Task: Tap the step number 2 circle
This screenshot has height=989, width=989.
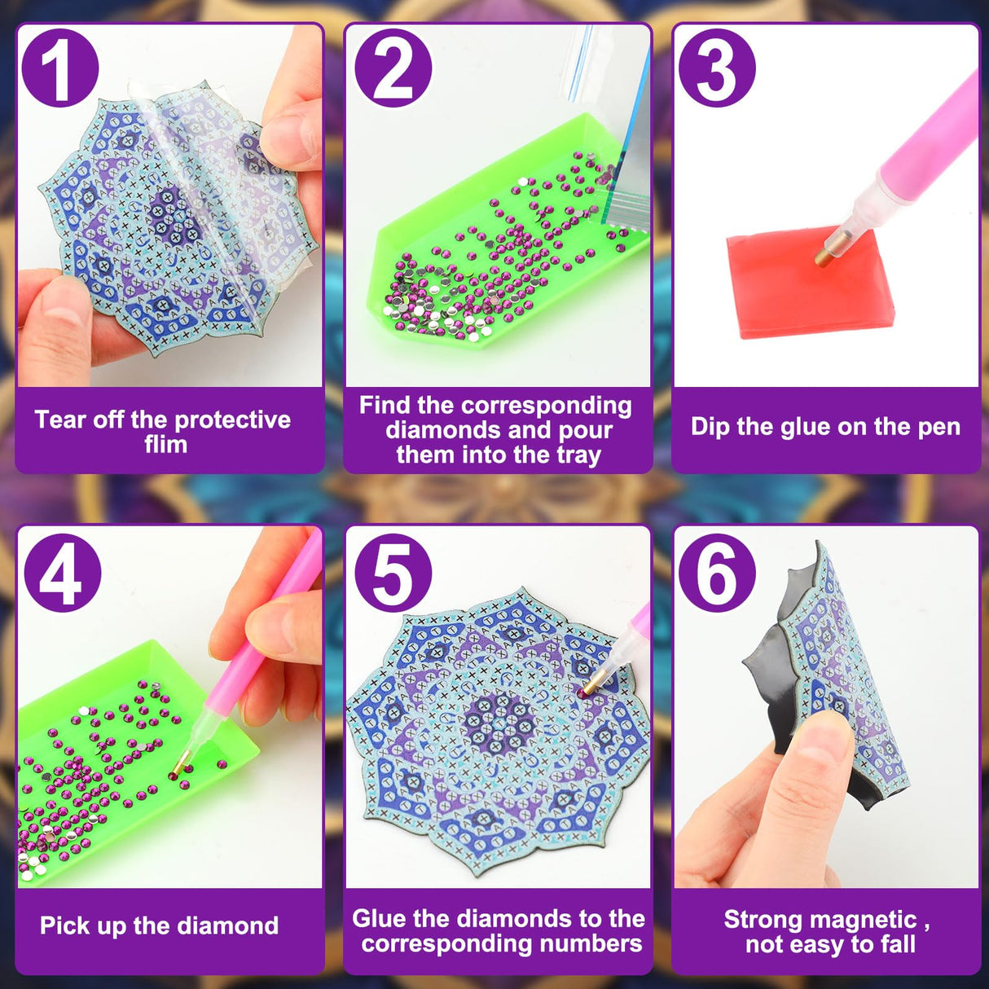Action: pos(392,68)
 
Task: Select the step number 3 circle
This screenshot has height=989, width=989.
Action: pos(716,68)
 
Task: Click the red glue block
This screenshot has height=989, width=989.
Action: pos(807,285)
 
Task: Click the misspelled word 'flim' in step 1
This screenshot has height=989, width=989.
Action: pos(165,445)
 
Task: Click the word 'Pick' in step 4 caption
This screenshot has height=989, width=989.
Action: pos(64,925)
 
